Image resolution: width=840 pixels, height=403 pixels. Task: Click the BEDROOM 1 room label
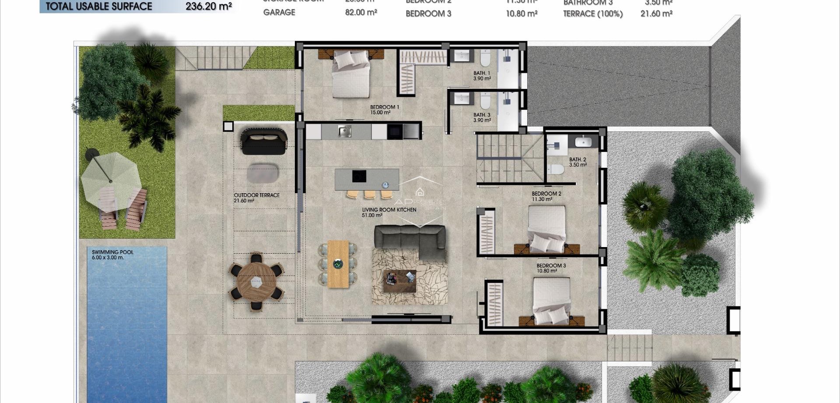(x=384, y=107)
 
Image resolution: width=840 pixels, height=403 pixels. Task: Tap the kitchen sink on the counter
(x=344, y=131)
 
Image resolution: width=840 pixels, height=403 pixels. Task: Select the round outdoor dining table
(x=256, y=282)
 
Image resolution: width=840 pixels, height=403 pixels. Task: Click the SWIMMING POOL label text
(x=112, y=252)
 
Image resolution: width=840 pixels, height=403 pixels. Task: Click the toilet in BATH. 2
(x=556, y=169)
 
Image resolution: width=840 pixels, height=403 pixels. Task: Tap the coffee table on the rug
(x=400, y=281)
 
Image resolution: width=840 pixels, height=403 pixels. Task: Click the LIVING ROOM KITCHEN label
(x=388, y=210)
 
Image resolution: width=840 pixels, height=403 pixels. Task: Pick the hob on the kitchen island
(x=359, y=176)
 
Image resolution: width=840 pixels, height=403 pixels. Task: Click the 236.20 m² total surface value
(x=208, y=7)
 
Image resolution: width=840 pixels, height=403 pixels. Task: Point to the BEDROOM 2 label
(x=546, y=194)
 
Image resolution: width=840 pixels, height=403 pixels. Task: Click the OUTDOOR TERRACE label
(x=256, y=195)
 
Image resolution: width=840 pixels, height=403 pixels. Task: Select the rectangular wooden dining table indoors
(x=338, y=264)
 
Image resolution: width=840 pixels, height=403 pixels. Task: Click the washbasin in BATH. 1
(x=462, y=56)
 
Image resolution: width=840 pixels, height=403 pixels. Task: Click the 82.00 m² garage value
(x=360, y=13)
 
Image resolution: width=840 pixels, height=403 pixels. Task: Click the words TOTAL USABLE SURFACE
(x=99, y=7)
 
